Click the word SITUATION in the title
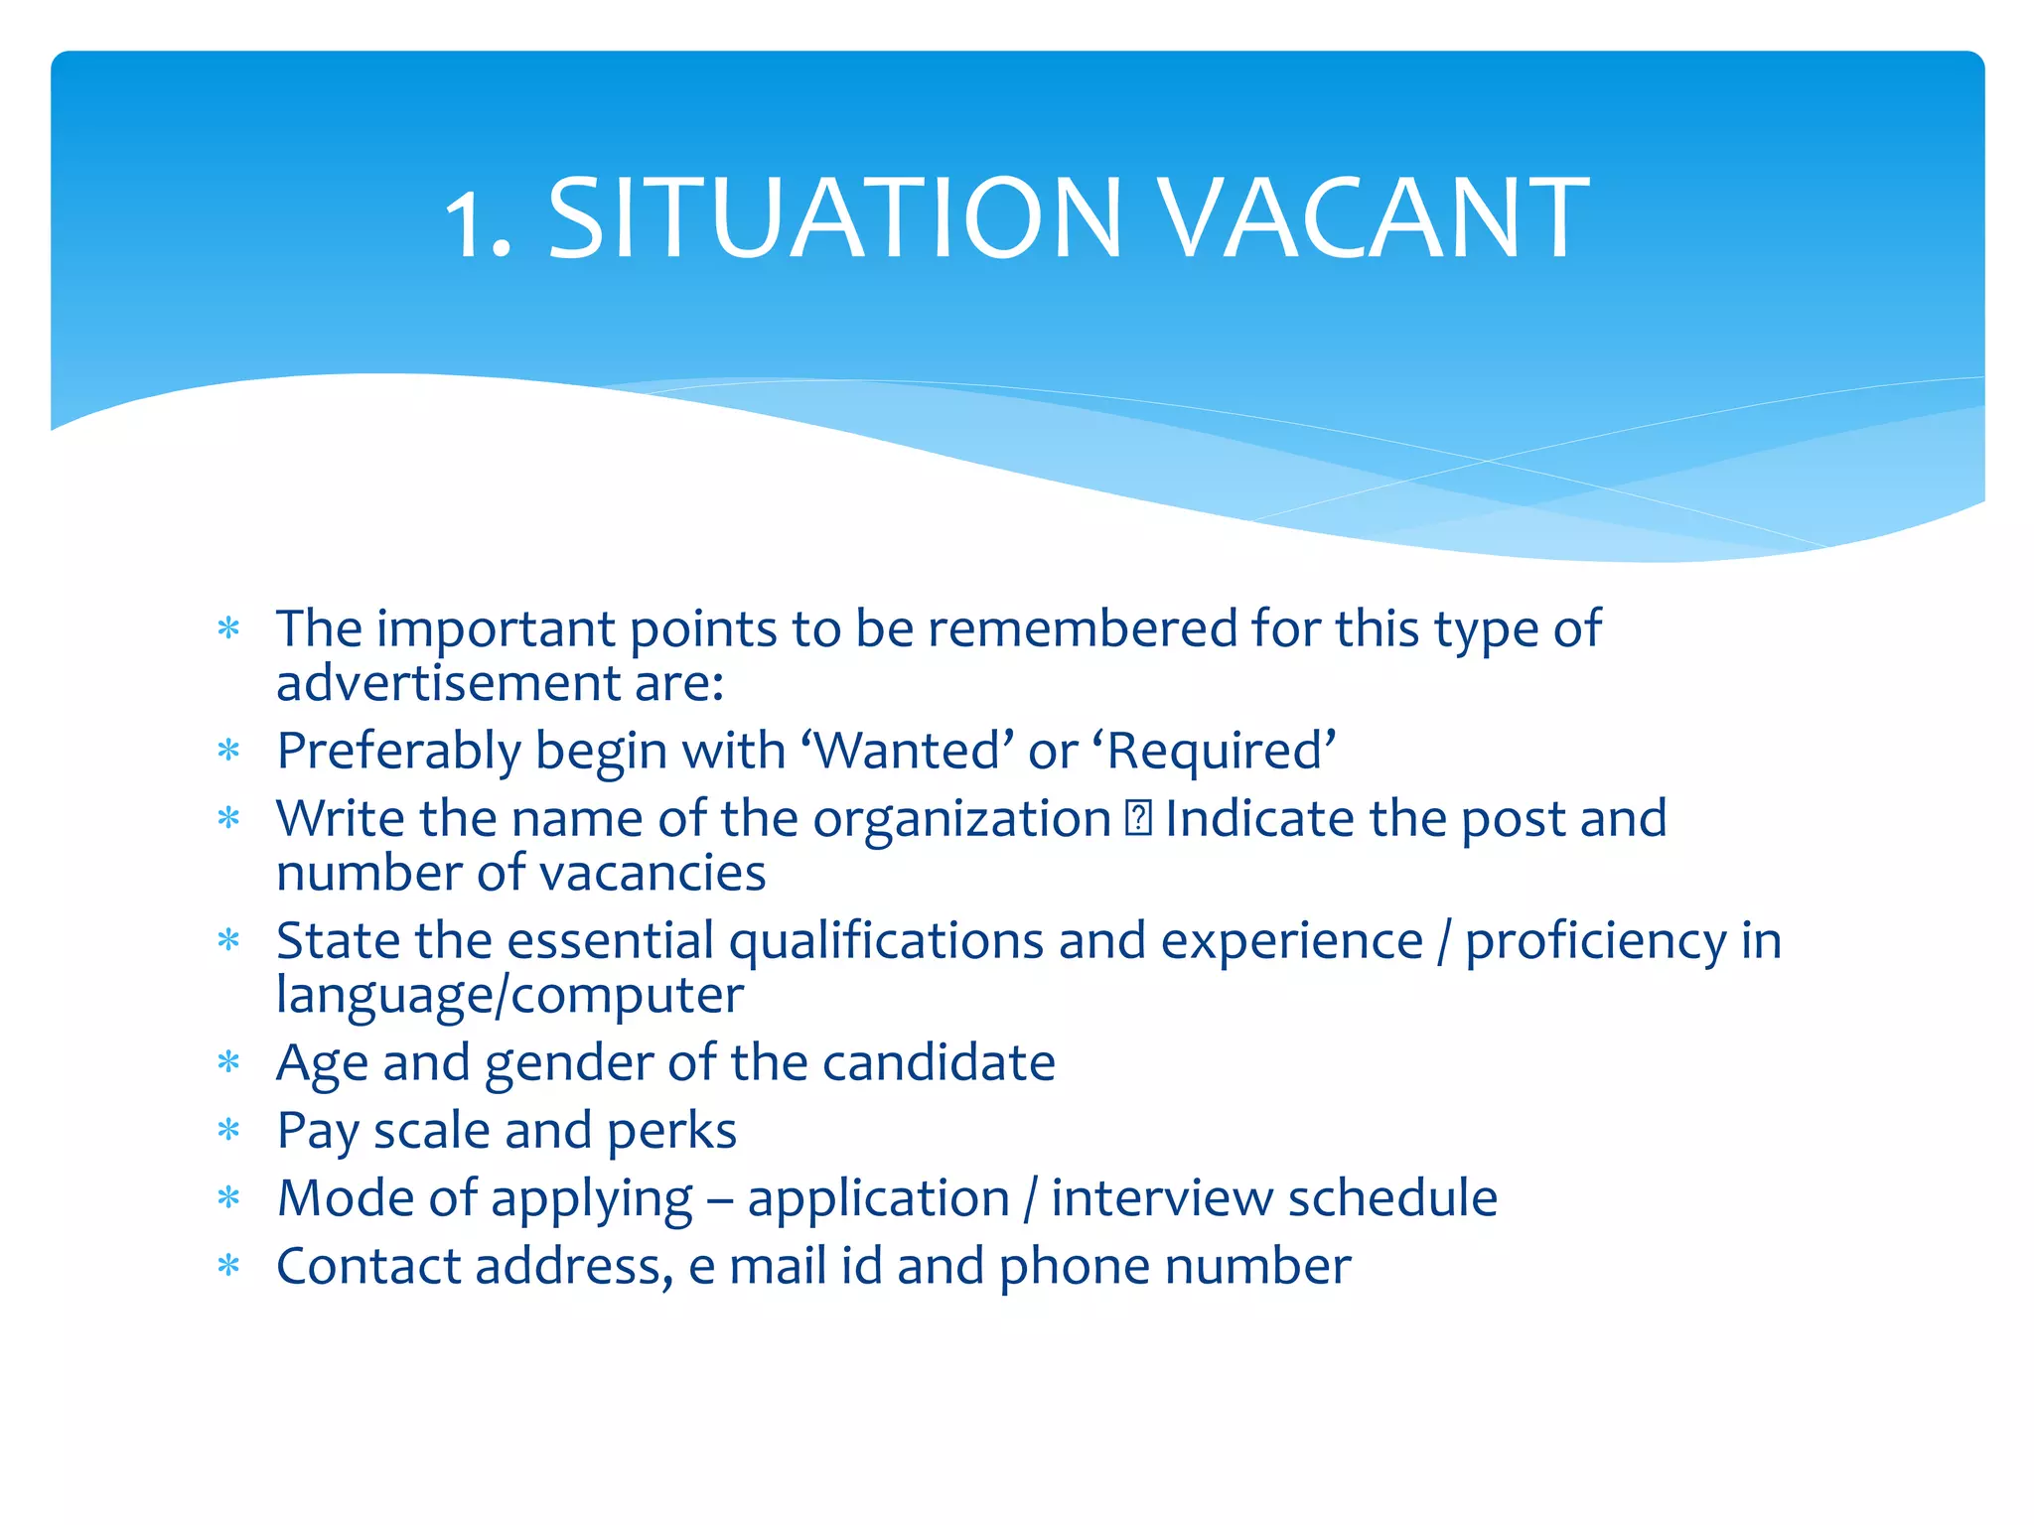point(834,218)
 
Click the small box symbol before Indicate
point(1138,819)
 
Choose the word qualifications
point(886,941)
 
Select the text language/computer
point(509,995)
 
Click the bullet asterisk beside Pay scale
point(229,1131)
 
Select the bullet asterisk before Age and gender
point(229,1063)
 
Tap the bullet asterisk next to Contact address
point(229,1266)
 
